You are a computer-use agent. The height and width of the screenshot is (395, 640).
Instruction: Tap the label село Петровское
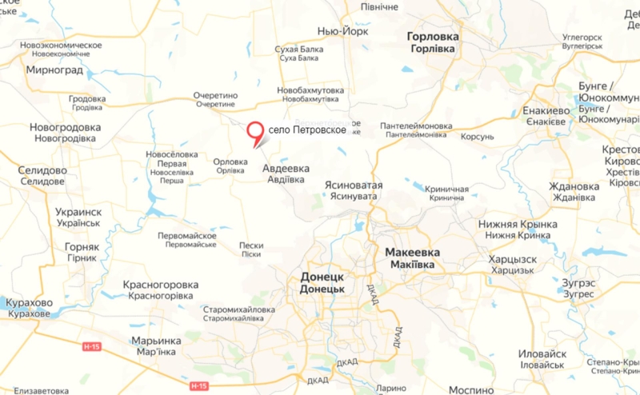306,130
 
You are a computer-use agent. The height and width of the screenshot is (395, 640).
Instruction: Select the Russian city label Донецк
322,276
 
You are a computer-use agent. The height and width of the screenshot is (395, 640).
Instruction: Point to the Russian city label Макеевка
412,251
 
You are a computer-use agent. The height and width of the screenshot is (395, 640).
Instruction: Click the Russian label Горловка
432,37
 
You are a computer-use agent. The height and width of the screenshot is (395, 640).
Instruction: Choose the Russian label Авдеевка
286,169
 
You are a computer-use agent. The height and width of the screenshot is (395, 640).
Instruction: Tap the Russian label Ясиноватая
354,185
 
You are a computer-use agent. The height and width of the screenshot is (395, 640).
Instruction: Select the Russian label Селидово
43,170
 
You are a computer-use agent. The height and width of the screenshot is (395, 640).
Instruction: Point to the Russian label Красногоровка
160,285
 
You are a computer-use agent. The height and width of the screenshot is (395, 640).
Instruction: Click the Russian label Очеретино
215,95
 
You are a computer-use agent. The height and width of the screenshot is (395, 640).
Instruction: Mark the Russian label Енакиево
546,110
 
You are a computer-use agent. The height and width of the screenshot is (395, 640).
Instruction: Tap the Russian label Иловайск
542,353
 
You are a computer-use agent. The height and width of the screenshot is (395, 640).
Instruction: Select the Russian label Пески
251,245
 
